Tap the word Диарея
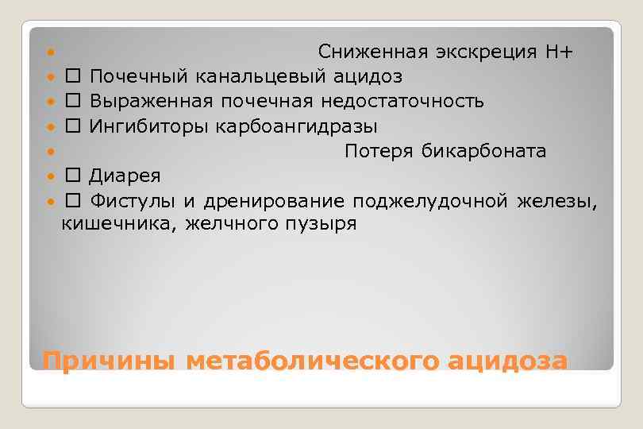(x=125, y=176)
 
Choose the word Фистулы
(x=133, y=200)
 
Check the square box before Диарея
(x=73, y=176)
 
